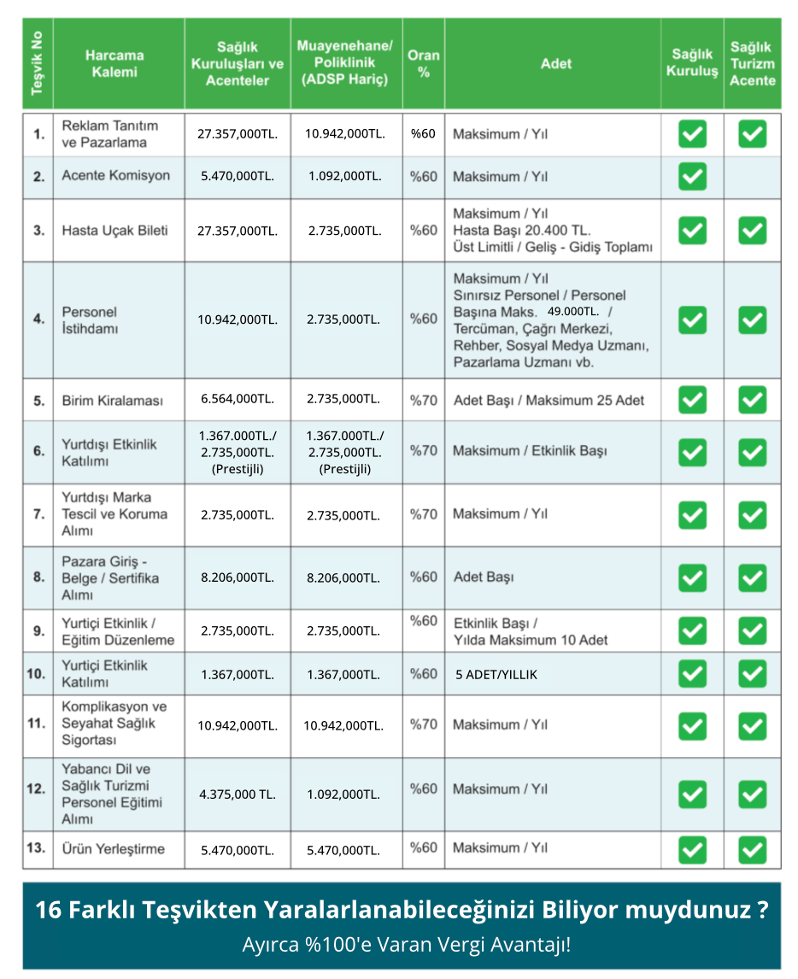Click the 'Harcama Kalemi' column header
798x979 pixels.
(x=114, y=63)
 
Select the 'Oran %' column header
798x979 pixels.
(x=423, y=63)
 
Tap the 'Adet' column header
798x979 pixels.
(x=555, y=63)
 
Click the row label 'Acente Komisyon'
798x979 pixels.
(x=115, y=176)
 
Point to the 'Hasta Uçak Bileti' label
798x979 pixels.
(x=114, y=230)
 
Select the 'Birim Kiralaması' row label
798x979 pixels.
(x=112, y=401)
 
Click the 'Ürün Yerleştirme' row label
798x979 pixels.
(x=113, y=849)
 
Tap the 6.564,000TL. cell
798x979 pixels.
(x=238, y=399)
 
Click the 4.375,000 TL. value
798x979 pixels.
(x=238, y=794)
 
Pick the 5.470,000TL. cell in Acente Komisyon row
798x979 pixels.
(x=238, y=177)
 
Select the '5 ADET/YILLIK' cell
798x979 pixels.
(x=496, y=674)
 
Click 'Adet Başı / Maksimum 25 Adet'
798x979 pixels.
(x=549, y=401)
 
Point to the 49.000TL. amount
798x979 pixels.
(x=573, y=311)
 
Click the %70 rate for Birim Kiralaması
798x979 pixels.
(x=423, y=399)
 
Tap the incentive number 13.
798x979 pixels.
(x=36, y=848)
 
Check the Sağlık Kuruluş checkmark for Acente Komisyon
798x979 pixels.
(x=692, y=177)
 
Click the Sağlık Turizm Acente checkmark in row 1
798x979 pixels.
(x=752, y=133)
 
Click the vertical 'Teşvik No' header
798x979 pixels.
(x=37, y=63)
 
